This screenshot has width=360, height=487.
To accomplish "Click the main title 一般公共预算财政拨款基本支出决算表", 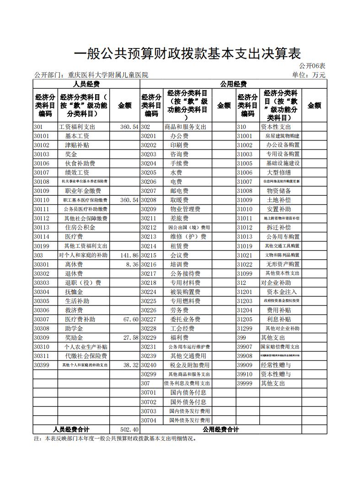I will tap(187, 54).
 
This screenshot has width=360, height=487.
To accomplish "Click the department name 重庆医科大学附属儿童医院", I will tap(108, 75).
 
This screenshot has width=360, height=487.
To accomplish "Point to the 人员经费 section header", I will tap(86, 84).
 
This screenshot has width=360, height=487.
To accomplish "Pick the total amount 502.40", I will tap(129, 429).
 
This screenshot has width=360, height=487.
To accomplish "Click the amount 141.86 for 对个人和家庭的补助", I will tap(129, 255).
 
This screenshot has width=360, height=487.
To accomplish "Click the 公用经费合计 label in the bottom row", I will tap(221, 429).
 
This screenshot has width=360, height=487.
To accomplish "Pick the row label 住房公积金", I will tap(80, 228).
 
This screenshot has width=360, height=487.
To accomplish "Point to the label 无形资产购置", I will tap(283, 264).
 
